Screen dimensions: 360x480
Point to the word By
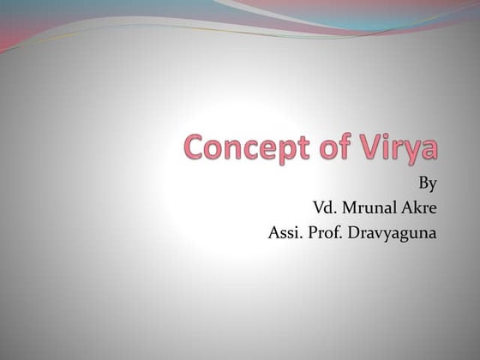click(x=426, y=183)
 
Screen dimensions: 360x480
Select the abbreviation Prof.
click(x=326, y=231)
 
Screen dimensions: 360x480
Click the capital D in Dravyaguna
click(x=355, y=231)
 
